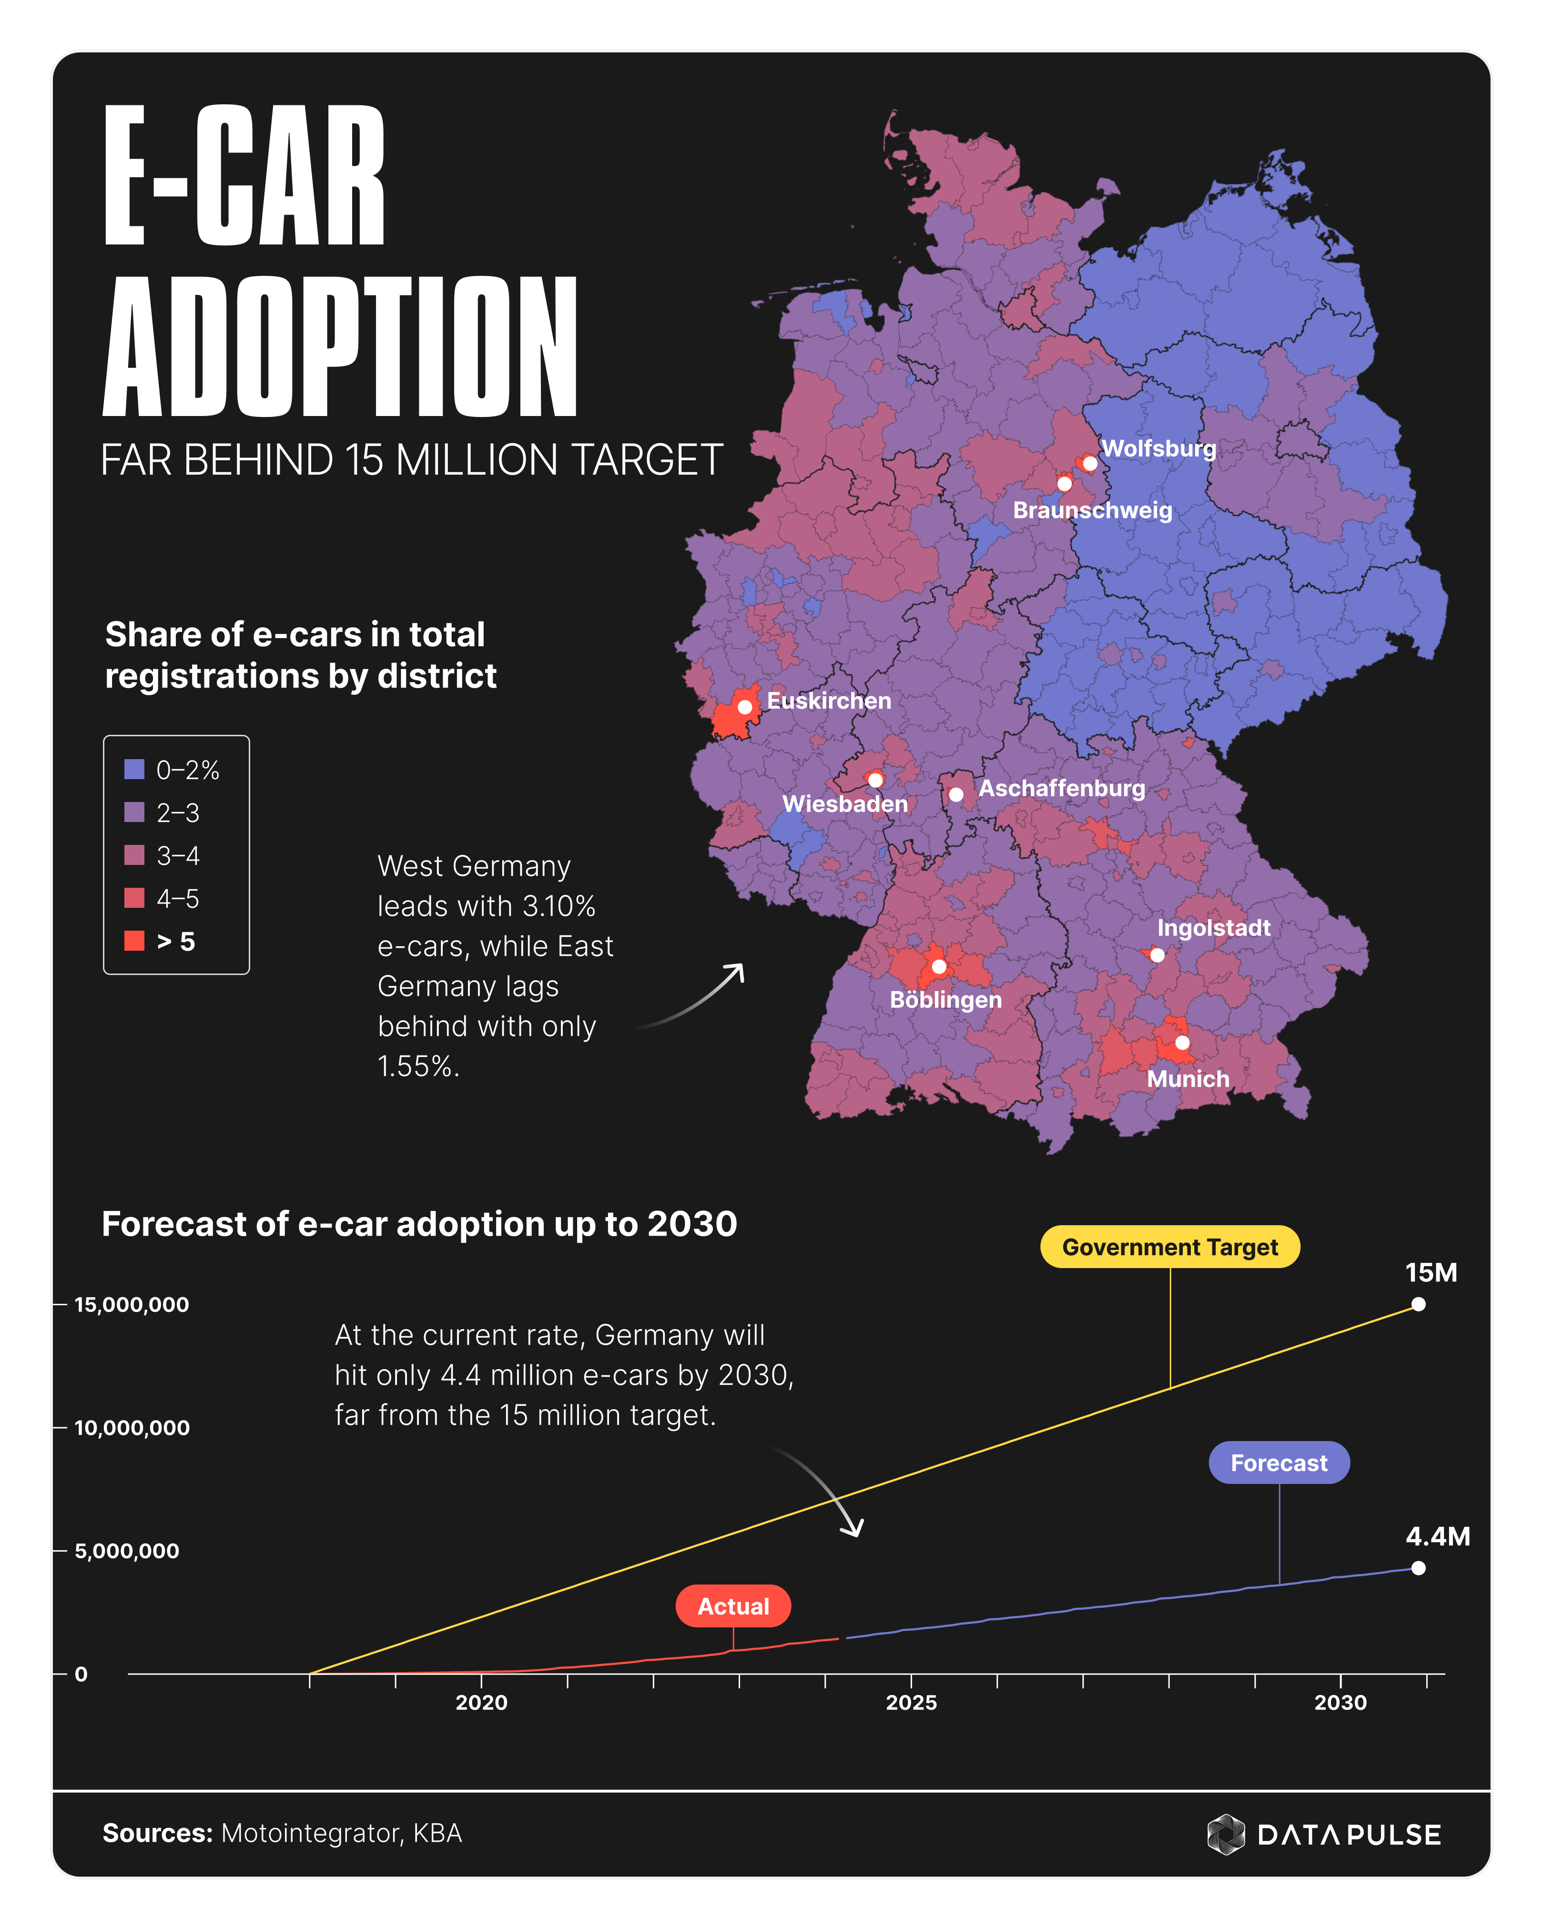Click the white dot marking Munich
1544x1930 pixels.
click(x=1181, y=1043)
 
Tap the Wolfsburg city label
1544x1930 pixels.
click(x=1158, y=448)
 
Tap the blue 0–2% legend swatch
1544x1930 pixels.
click(x=134, y=769)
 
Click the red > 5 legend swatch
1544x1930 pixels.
click(x=134, y=941)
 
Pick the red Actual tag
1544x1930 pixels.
click(x=733, y=1606)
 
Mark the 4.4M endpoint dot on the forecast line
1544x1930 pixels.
click(x=1418, y=1567)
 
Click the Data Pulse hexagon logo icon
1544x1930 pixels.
click(x=1225, y=1834)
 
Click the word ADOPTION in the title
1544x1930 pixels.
click(x=340, y=347)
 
